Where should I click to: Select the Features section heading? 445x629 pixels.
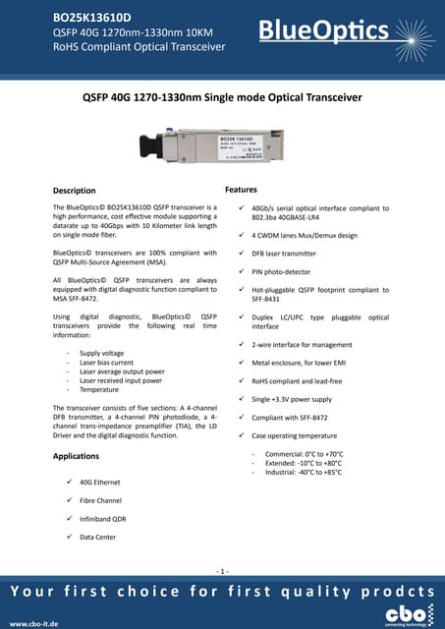click(x=241, y=188)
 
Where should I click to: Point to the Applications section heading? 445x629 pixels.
click(x=76, y=457)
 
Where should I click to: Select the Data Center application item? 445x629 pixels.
click(x=97, y=538)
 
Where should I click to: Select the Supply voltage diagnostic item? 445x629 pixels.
click(x=101, y=352)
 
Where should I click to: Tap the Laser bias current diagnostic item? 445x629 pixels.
click(x=106, y=363)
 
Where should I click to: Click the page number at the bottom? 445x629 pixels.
click(x=223, y=571)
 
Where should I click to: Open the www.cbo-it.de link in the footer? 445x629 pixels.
click(x=33, y=623)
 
